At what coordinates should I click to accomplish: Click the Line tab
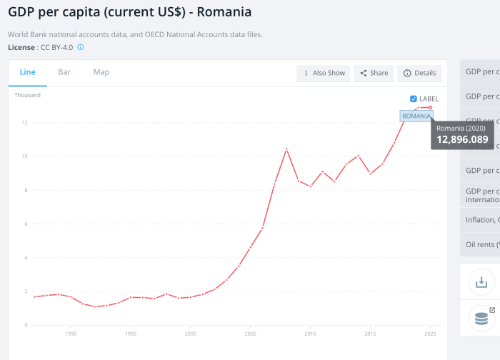[x=28, y=72]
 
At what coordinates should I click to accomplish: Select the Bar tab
[x=64, y=72]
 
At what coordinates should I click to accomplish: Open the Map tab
[x=101, y=72]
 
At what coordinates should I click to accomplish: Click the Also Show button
[x=324, y=73]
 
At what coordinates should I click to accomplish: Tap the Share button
[x=374, y=73]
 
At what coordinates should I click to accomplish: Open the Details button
[x=419, y=73]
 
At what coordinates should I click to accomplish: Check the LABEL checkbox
[x=414, y=99]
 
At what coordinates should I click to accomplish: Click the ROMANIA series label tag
[x=416, y=116]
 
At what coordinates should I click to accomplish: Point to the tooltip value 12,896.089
[x=462, y=139]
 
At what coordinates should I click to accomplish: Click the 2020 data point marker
[x=430, y=108]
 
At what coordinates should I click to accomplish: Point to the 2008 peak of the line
[x=286, y=149]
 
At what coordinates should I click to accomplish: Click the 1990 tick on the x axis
[x=71, y=334]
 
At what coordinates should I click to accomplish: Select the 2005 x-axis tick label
[x=250, y=334]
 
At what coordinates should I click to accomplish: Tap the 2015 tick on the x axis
[x=370, y=334]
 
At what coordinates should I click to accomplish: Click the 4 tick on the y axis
[x=24, y=258]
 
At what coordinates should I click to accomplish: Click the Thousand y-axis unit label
[x=27, y=95]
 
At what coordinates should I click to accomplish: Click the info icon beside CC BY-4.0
[x=81, y=47]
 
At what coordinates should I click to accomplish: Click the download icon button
[x=481, y=282]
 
